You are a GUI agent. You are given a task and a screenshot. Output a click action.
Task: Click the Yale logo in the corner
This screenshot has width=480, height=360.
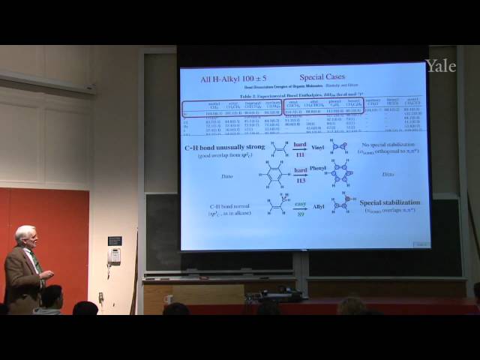[x=441, y=66]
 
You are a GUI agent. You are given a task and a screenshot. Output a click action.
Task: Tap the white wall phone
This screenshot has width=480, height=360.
[x=114, y=256]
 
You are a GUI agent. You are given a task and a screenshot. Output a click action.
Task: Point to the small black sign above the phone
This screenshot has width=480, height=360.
[x=114, y=241]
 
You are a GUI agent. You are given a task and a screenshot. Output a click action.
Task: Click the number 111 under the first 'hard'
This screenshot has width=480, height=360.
[x=301, y=154]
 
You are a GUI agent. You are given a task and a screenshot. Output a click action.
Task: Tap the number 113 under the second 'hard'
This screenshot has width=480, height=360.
[x=301, y=179]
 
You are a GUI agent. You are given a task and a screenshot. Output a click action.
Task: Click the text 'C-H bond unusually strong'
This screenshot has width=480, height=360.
[x=225, y=148]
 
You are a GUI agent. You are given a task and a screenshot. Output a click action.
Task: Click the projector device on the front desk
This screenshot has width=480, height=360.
[x=274, y=295]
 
